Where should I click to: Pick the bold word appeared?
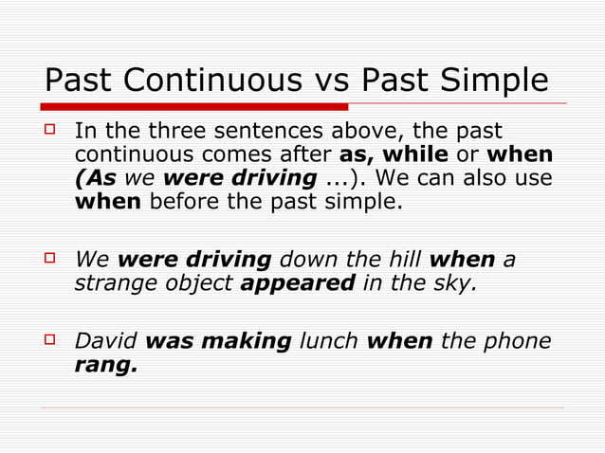298,282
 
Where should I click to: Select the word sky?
452,282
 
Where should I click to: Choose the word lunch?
329,340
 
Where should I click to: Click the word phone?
517,340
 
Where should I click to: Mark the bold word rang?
104,364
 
